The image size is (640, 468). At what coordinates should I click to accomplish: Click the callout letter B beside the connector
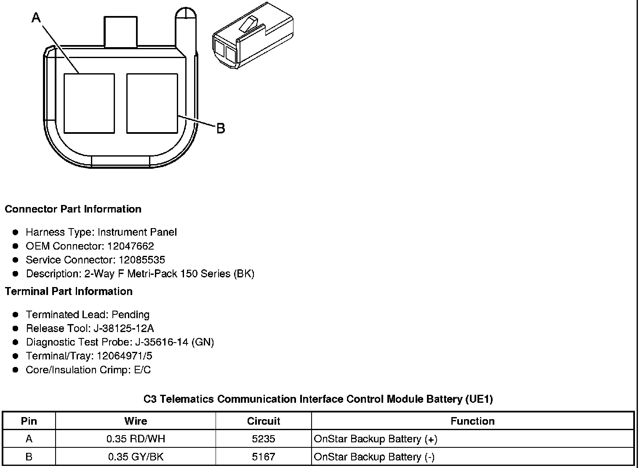point(221,128)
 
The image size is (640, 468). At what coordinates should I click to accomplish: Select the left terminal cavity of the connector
point(89,104)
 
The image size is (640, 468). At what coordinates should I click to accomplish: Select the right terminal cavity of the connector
point(152,104)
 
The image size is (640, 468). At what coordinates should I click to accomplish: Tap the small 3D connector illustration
point(253,35)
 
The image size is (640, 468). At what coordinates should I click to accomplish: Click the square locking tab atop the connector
point(120,32)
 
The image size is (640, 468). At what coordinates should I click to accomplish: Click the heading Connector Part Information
point(73,209)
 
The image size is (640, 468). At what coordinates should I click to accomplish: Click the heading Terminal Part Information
point(69,291)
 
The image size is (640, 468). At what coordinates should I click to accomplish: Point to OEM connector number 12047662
point(131,246)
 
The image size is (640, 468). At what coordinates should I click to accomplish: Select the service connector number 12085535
point(142,260)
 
